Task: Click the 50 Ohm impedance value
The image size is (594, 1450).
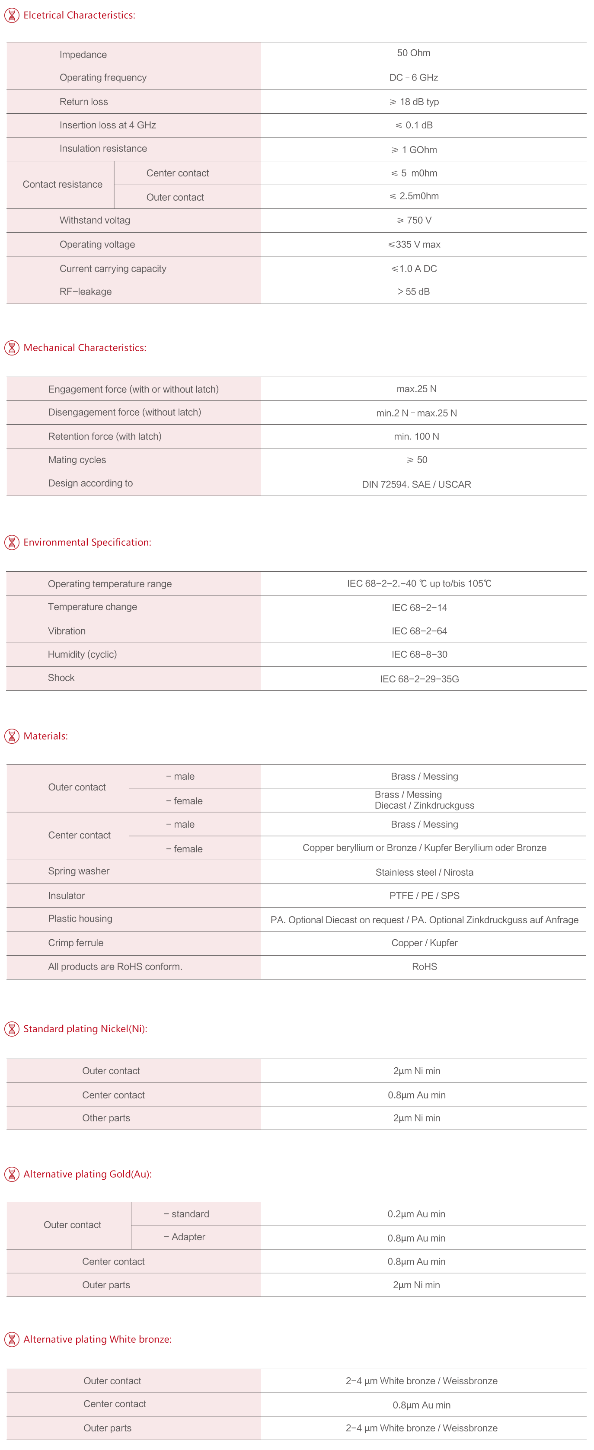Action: [413, 53]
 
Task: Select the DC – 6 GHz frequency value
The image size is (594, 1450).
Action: [413, 78]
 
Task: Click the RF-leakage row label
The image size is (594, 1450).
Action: [86, 291]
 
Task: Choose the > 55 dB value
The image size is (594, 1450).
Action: [413, 291]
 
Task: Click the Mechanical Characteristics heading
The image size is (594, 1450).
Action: [85, 348]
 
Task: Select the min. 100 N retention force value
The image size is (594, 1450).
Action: [416, 436]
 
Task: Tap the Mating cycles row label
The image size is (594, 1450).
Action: [77, 460]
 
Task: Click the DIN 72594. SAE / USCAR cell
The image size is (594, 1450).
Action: [416, 484]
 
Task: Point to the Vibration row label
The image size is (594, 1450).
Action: [67, 631]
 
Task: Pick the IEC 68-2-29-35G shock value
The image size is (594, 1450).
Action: [419, 679]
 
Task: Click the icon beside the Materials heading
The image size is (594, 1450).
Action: [11, 736]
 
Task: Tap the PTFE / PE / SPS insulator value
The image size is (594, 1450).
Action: [424, 896]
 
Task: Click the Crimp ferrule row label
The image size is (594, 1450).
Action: [76, 943]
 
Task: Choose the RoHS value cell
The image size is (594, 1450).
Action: [424, 967]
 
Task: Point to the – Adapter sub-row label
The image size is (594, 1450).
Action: [185, 1237]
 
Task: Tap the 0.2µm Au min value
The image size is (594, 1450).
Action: [416, 1214]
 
